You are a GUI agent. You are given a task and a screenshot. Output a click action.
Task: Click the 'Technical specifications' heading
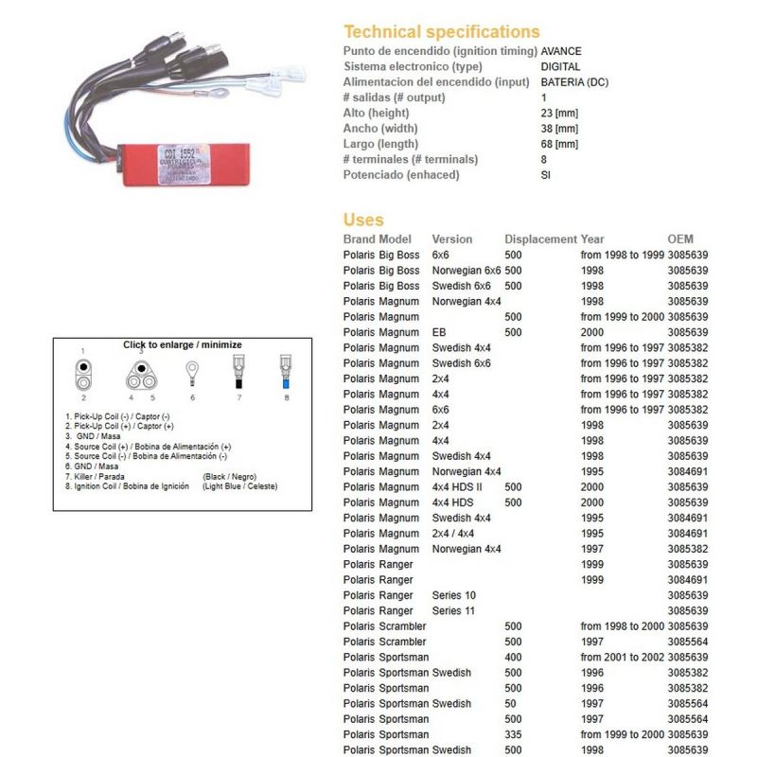[441, 31]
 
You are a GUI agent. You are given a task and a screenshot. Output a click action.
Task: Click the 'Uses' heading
[363, 220]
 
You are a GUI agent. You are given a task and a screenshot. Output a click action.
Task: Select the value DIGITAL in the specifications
[560, 66]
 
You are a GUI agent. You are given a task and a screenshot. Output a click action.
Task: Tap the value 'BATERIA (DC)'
[574, 82]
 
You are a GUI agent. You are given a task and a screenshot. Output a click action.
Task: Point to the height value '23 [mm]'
[558, 113]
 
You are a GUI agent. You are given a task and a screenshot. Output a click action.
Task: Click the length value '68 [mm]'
[558, 144]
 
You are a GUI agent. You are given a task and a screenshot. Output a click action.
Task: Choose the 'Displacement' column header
[540, 239]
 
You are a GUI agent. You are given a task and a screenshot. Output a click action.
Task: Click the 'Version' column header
[451, 239]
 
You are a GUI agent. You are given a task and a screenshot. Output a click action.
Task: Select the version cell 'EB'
[440, 332]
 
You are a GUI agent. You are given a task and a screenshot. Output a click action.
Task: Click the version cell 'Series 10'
[454, 595]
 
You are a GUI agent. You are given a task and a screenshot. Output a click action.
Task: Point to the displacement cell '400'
[514, 657]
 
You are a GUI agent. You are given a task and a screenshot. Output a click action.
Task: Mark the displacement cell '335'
[514, 734]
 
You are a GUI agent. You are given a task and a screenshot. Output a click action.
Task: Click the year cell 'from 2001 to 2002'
[622, 657]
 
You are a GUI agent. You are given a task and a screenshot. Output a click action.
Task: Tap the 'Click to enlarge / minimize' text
[183, 345]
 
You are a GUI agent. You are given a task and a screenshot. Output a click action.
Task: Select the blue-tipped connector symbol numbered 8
[284, 374]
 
